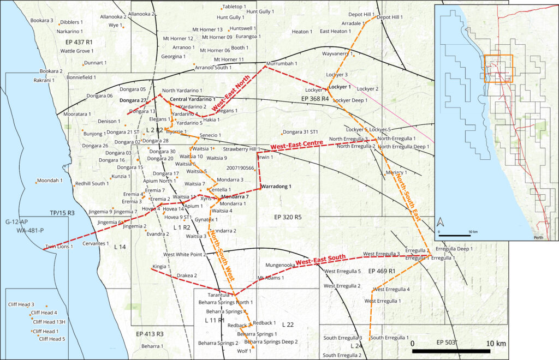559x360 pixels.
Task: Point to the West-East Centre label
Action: tap(296, 144)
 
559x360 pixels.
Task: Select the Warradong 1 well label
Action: tap(277, 187)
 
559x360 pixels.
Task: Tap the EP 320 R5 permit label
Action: tap(288, 217)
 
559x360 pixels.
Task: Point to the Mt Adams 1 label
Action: tap(271, 278)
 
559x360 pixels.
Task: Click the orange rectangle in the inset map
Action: tap(497, 68)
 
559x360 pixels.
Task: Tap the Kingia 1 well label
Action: tap(160, 267)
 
